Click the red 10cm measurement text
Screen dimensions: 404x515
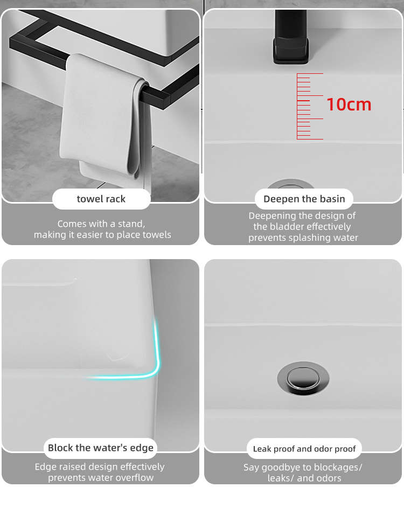point(349,105)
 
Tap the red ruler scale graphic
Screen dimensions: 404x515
point(310,107)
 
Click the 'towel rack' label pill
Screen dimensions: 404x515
point(101,199)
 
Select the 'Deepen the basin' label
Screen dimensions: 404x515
point(304,199)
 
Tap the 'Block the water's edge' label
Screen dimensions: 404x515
point(101,448)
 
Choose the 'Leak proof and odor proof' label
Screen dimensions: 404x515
point(304,449)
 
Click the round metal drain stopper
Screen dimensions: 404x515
point(303,378)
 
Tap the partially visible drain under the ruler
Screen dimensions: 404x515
point(290,184)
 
